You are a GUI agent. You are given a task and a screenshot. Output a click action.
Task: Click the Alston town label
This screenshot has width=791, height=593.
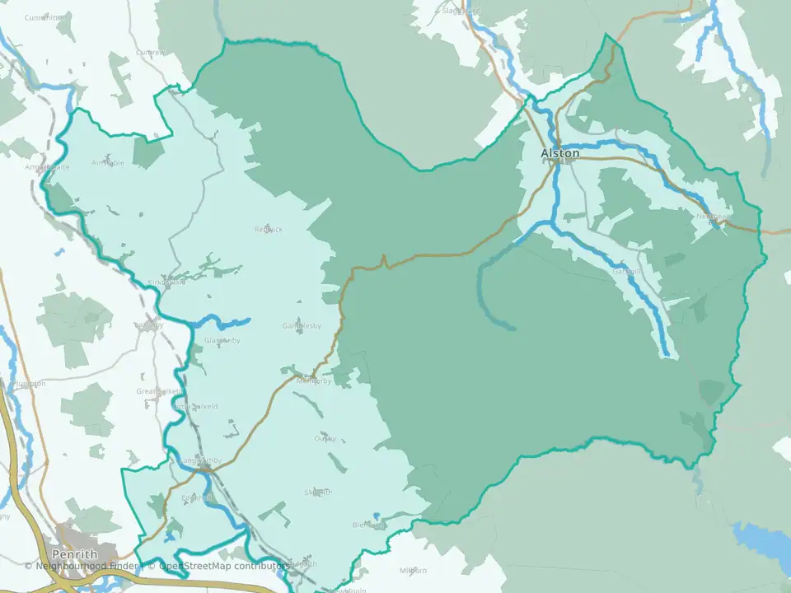pyautogui.click(x=560, y=153)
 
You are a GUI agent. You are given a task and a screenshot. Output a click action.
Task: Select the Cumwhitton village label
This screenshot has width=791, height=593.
pyautogui.click(x=46, y=17)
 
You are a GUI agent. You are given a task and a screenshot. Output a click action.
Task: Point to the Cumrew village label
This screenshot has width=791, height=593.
pyautogui.click(x=151, y=53)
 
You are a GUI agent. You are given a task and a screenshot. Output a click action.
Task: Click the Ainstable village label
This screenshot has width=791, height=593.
pyautogui.click(x=108, y=163)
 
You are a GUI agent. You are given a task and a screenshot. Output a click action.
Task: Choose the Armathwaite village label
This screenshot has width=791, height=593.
pyautogui.click(x=47, y=166)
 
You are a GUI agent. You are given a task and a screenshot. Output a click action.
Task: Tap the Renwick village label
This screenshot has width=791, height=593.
pyautogui.click(x=269, y=229)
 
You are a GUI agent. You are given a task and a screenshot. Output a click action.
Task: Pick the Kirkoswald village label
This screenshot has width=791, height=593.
pyautogui.click(x=168, y=282)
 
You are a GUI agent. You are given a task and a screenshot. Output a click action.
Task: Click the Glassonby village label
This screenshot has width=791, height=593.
pyautogui.click(x=221, y=340)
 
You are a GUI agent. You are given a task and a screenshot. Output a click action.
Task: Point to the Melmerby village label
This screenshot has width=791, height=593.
pyautogui.click(x=313, y=381)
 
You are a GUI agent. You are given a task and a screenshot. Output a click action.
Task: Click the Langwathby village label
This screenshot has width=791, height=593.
pyautogui.click(x=200, y=460)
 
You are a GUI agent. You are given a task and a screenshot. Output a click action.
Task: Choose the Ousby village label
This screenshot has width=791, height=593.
pyautogui.click(x=325, y=438)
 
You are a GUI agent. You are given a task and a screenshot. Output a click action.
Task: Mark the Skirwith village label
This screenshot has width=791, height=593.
pyautogui.click(x=318, y=493)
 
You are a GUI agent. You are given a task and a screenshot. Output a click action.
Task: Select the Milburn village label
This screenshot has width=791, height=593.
pyautogui.click(x=413, y=571)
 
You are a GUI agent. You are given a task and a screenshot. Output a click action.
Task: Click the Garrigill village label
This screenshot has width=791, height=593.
pyautogui.click(x=626, y=271)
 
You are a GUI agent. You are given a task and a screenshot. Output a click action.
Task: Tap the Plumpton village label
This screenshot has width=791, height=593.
pyautogui.click(x=29, y=384)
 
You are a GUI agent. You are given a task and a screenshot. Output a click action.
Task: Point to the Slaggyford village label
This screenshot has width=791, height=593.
pyautogui.click(x=461, y=12)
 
